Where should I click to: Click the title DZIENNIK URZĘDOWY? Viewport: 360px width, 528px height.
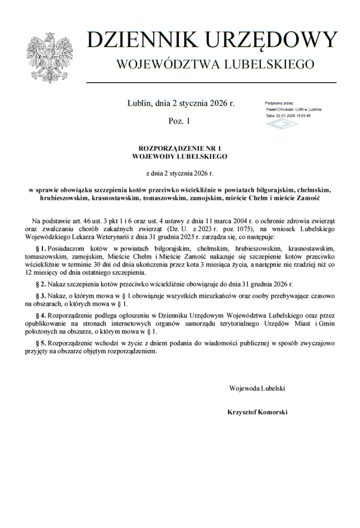click(212, 40)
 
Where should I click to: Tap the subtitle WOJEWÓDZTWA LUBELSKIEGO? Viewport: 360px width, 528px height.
click(215, 64)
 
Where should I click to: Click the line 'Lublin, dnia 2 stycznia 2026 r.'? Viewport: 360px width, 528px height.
click(181, 103)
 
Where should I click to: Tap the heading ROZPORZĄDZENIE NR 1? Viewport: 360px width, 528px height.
click(179, 148)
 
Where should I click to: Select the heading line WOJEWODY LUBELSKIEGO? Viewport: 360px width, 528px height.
click(179, 155)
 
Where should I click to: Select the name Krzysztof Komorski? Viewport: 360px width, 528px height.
click(257, 412)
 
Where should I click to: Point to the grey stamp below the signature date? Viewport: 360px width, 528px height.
click(281, 124)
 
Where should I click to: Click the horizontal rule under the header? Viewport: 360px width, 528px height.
click(211, 82)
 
